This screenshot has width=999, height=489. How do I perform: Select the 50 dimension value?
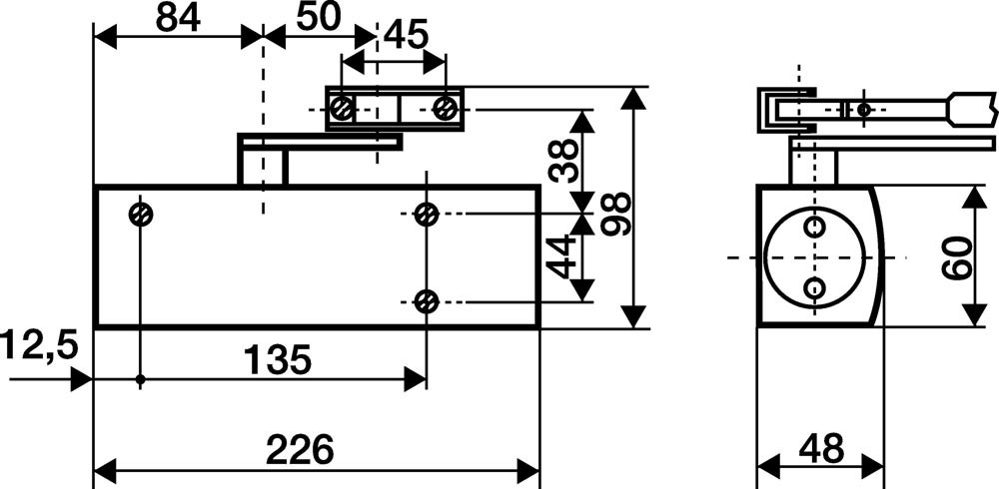click(318, 18)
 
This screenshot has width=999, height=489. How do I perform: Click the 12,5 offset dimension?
click(38, 347)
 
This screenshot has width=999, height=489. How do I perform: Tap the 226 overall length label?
click(299, 449)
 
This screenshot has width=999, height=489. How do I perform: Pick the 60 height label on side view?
click(956, 257)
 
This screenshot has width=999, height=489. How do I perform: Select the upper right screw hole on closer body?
click(427, 214)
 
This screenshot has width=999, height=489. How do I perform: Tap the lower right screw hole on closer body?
click(427, 300)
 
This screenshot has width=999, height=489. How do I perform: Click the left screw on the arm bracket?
click(342, 107)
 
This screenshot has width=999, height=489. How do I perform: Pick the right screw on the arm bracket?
click(447, 107)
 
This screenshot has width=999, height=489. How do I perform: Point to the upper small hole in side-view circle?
click(815, 228)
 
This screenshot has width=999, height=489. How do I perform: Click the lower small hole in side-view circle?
click(815, 289)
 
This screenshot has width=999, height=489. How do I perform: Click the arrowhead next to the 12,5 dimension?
click(82, 380)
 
